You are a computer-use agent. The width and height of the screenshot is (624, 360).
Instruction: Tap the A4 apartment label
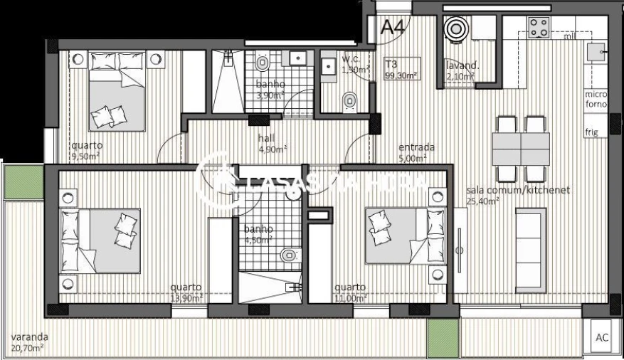[x=392, y=28]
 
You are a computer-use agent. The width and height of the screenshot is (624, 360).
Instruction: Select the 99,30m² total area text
[x=401, y=74]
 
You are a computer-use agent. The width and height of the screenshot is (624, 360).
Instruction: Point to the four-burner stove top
[x=539, y=28]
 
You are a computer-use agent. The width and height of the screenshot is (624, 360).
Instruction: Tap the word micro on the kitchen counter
[x=596, y=94]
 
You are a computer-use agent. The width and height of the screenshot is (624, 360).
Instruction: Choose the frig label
[x=591, y=132]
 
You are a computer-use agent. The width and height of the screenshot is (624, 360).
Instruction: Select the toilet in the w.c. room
[x=349, y=102]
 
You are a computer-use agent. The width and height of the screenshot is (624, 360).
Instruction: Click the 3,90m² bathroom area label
[x=270, y=95]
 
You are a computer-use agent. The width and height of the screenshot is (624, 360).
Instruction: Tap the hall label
[x=266, y=139]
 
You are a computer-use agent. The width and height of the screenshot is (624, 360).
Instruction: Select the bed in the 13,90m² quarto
[x=100, y=240]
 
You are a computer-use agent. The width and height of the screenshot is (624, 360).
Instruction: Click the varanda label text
[x=30, y=337]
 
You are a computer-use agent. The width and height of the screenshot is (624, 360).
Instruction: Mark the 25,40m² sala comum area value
[x=482, y=201]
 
